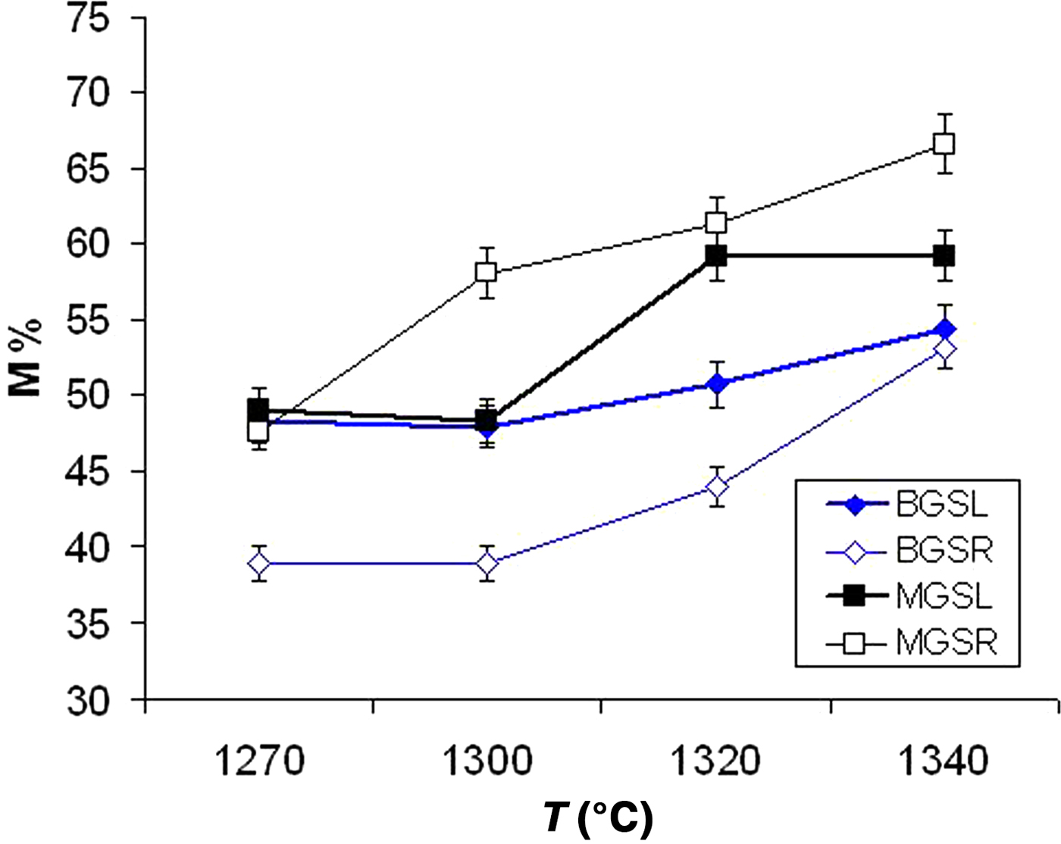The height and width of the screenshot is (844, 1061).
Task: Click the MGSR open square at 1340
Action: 944,143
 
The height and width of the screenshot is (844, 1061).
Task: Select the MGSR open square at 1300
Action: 486,272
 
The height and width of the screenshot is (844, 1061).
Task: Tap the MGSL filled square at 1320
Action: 716,256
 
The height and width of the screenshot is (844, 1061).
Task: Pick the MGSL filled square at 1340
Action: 944,256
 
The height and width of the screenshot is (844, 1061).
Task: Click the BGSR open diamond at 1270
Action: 259,564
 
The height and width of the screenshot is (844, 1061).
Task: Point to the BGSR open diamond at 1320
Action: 716,486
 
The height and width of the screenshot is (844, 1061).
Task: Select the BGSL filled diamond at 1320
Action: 716,384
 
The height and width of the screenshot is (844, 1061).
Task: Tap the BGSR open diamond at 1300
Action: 487,564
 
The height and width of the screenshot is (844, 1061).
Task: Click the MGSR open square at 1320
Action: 716,223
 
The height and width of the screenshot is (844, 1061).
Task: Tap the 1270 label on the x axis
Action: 259,761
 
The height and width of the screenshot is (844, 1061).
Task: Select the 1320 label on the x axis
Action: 716,761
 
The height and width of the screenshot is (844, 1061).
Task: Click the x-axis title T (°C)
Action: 598,819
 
